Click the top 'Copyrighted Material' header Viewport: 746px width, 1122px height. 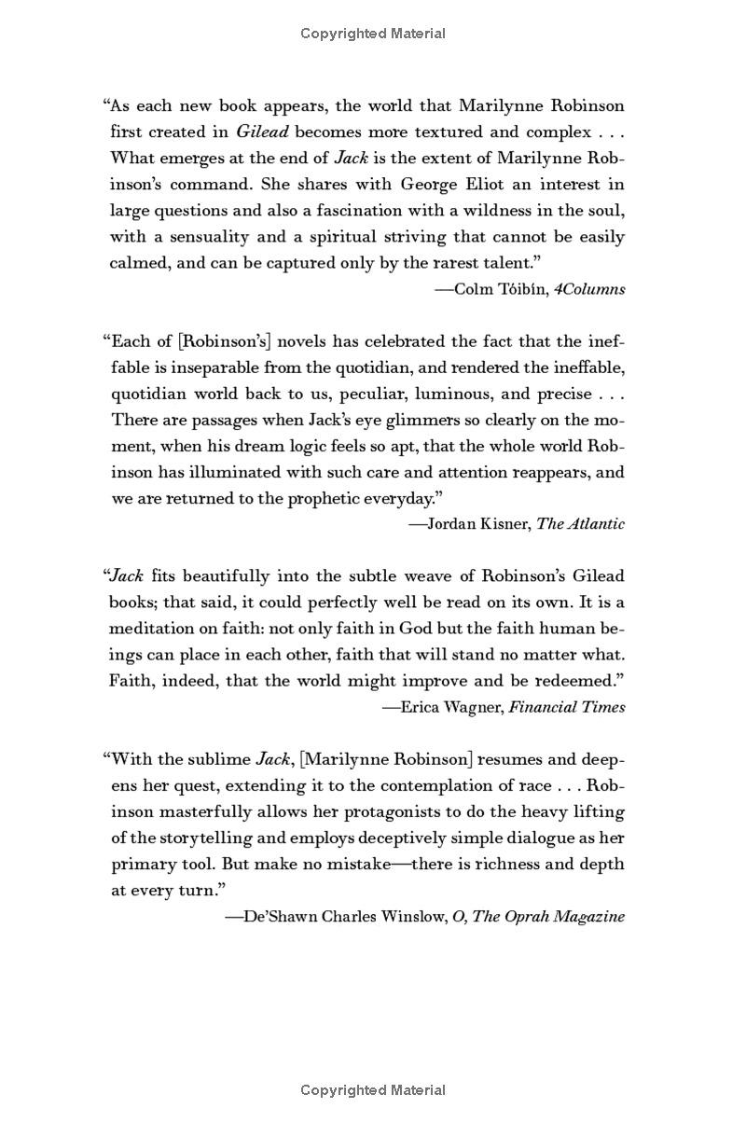373,34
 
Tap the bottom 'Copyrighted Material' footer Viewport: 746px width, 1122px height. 373,1089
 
